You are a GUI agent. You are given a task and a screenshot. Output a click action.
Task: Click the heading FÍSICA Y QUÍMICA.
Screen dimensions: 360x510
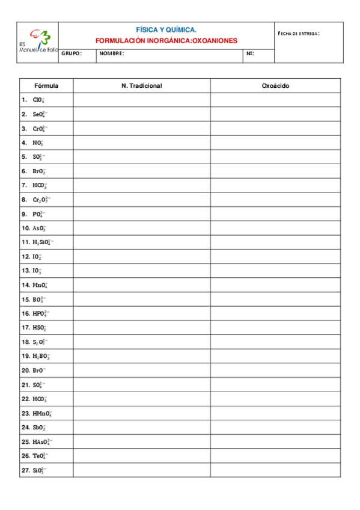pyautogui.click(x=166, y=29)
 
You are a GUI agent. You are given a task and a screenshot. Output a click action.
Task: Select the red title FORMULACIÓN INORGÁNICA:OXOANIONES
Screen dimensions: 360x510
pyautogui.click(x=166, y=41)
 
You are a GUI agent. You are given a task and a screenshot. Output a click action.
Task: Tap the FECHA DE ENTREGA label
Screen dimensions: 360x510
pyautogui.click(x=299, y=33)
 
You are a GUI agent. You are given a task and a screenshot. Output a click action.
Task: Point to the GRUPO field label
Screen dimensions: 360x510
pyautogui.click(x=72, y=54)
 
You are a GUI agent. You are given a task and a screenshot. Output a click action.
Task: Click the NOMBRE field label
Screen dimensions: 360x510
pyautogui.click(x=112, y=54)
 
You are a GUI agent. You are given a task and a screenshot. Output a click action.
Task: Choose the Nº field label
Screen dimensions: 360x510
pyautogui.click(x=251, y=54)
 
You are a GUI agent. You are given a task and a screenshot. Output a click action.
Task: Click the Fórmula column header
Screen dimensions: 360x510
pyautogui.click(x=46, y=86)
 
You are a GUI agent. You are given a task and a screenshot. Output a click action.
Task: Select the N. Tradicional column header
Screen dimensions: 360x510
pyautogui.click(x=141, y=86)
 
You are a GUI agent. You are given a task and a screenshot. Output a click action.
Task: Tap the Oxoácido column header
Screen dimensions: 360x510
pyautogui.click(x=275, y=86)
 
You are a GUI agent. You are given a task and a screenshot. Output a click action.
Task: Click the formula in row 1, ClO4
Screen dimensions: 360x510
pyautogui.click(x=39, y=100)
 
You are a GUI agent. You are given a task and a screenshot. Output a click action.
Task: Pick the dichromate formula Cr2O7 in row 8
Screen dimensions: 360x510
pyautogui.click(x=42, y=200)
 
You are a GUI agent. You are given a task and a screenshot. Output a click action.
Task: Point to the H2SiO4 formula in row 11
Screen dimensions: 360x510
pyautogui.click(x=42, y=242)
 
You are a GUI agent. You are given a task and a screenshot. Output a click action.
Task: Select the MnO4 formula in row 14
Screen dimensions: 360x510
pyautogui.click(x=40, y=285)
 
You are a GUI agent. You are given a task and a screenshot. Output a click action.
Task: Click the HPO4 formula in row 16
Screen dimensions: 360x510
pyautogui.click(x=41, y=313)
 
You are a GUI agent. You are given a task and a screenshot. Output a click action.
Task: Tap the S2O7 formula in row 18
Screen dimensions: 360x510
pyautogui.click(x=41, y=342)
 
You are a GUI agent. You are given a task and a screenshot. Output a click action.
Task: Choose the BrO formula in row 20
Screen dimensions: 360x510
pyautogui.click(x=39, y=370)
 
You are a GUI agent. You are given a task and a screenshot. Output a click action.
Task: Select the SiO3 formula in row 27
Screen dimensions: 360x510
pyautogui.click(x=40, y=470)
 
